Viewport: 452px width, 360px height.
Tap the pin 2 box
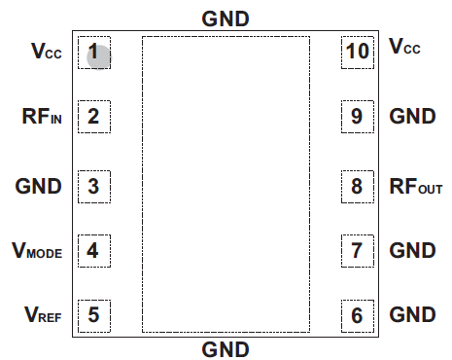tap(93, 118)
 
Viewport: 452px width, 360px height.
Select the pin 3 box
tap(93, 185)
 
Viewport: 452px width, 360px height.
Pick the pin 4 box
tap(93, 251)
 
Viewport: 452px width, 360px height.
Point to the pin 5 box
tap(93, 315)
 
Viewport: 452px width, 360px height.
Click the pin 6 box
tap(357, 315)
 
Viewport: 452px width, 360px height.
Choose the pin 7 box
tap(357, 251)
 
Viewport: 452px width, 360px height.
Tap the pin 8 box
tap(357, 185)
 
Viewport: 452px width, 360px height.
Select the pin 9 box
tap(357, 118)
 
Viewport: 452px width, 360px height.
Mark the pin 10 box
tap(357, 52)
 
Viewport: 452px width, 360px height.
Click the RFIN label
tap(42, 118)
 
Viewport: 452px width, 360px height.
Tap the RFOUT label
tap(416, 185)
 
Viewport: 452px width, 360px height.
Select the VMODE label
tap(37, 252)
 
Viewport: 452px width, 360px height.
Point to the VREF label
tap(41, 315)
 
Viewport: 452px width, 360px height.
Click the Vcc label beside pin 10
tap(404, 47)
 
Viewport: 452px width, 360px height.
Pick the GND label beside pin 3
tap(39, 185)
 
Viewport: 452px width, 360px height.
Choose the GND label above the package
tap(226, 18)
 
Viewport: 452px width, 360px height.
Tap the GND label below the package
tap(226, 348)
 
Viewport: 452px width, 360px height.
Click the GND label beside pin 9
tap(412, 118)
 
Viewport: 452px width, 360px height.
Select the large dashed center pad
tap(226, 184)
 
